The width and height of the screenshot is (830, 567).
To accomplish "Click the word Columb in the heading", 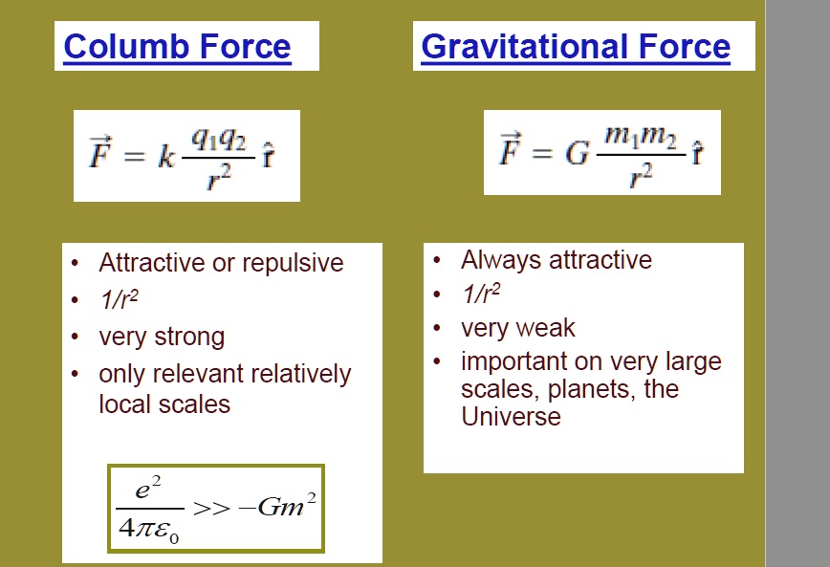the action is tap(125, 47).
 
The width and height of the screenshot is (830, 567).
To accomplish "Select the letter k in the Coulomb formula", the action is tap(165, 157).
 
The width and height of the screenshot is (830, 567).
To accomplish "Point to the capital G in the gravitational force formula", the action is tap(577, 154).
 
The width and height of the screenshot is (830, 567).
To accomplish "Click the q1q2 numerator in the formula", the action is tap(219, 141).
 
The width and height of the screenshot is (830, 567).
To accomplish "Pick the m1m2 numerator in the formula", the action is tap(641, 138).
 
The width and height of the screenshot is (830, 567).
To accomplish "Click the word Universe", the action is tap(511, 416).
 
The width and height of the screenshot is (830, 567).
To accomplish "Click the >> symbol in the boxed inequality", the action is tap(211, 509).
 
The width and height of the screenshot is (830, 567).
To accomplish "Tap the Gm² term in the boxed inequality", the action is tap(287, 505).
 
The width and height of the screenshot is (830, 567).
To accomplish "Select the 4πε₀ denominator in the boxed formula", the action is tap(149, 530).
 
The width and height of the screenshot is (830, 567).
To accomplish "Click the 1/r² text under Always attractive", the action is tap(481, 294).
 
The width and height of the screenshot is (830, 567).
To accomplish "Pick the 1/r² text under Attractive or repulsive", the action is tap(119, 299).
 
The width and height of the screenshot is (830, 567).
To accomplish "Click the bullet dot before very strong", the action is tap(76, 337).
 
